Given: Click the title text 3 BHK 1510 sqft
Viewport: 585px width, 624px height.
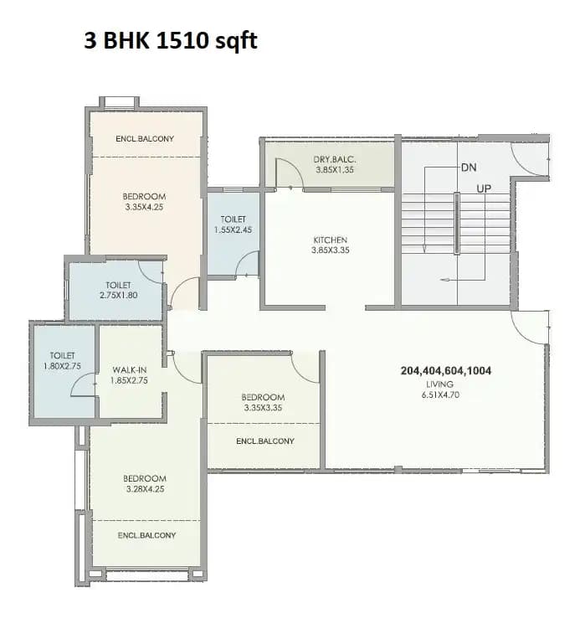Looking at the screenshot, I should (170, 41).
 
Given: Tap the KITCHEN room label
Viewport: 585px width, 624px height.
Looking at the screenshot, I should (330, 239).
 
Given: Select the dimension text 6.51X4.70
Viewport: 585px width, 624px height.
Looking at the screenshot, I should (434, 395).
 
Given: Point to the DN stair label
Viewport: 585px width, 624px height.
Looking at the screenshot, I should (469, 168).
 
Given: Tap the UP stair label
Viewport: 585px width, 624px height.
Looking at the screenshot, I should (484, 188).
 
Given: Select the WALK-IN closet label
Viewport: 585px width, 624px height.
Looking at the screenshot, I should (129, 369).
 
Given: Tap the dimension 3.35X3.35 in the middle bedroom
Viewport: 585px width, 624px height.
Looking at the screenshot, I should (263, 408).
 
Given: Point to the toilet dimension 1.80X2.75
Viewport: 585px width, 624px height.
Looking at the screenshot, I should (63, 366).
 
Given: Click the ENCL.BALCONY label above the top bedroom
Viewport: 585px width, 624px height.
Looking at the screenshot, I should (145, 138).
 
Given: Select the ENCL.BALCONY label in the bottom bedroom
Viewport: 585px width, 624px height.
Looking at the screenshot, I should (147, 534).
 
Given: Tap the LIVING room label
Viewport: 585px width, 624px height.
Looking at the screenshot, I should (434, 384).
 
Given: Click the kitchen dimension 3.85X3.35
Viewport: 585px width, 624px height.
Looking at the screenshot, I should (330, 250).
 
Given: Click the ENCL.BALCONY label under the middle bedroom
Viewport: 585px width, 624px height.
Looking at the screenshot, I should (264, 441).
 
